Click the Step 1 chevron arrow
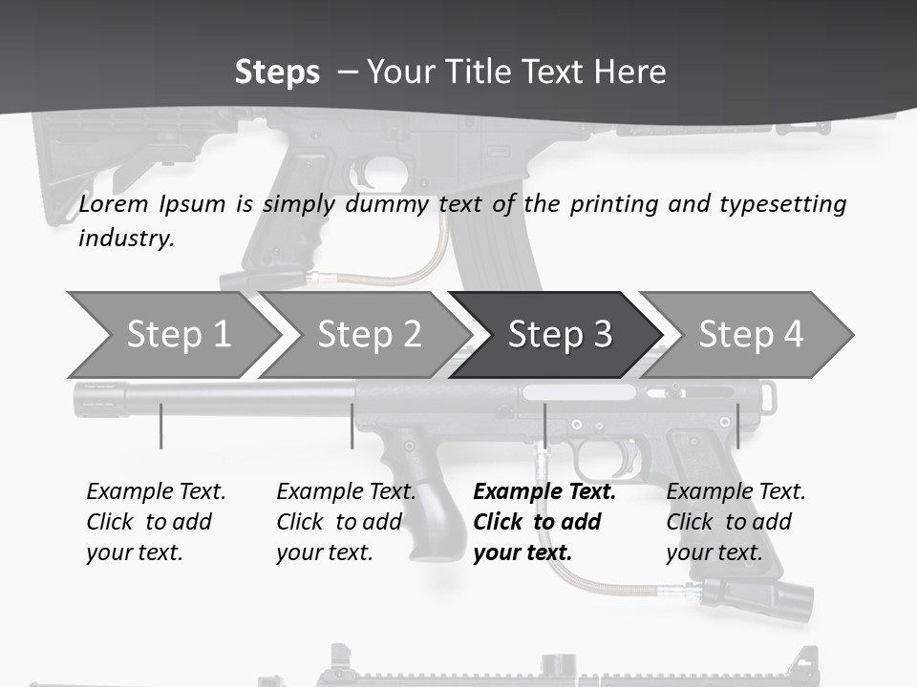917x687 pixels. click(x=172, y=335)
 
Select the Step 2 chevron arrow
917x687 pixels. click(x=368, y=335)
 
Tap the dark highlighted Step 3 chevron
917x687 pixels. click(x=559, y=335)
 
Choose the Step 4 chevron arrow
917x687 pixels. click(x=750, y=335)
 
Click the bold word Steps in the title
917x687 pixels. click(x=277, y=72)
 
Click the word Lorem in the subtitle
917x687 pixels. click(x=109, y=203)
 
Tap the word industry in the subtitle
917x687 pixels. click(x=125, y=238)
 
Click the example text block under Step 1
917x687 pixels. click(x=155, y=522)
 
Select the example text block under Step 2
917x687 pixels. click(x=345, y=522)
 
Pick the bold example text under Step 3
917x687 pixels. click(x=544, y=522)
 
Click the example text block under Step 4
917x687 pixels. click(x=735, y=522)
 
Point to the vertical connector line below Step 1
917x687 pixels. click(x=161, y=426)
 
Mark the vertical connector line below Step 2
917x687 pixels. click(x=352, y=426)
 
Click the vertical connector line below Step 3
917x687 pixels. click(x=544, y=426)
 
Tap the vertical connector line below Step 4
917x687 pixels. click(x=737, y=426)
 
